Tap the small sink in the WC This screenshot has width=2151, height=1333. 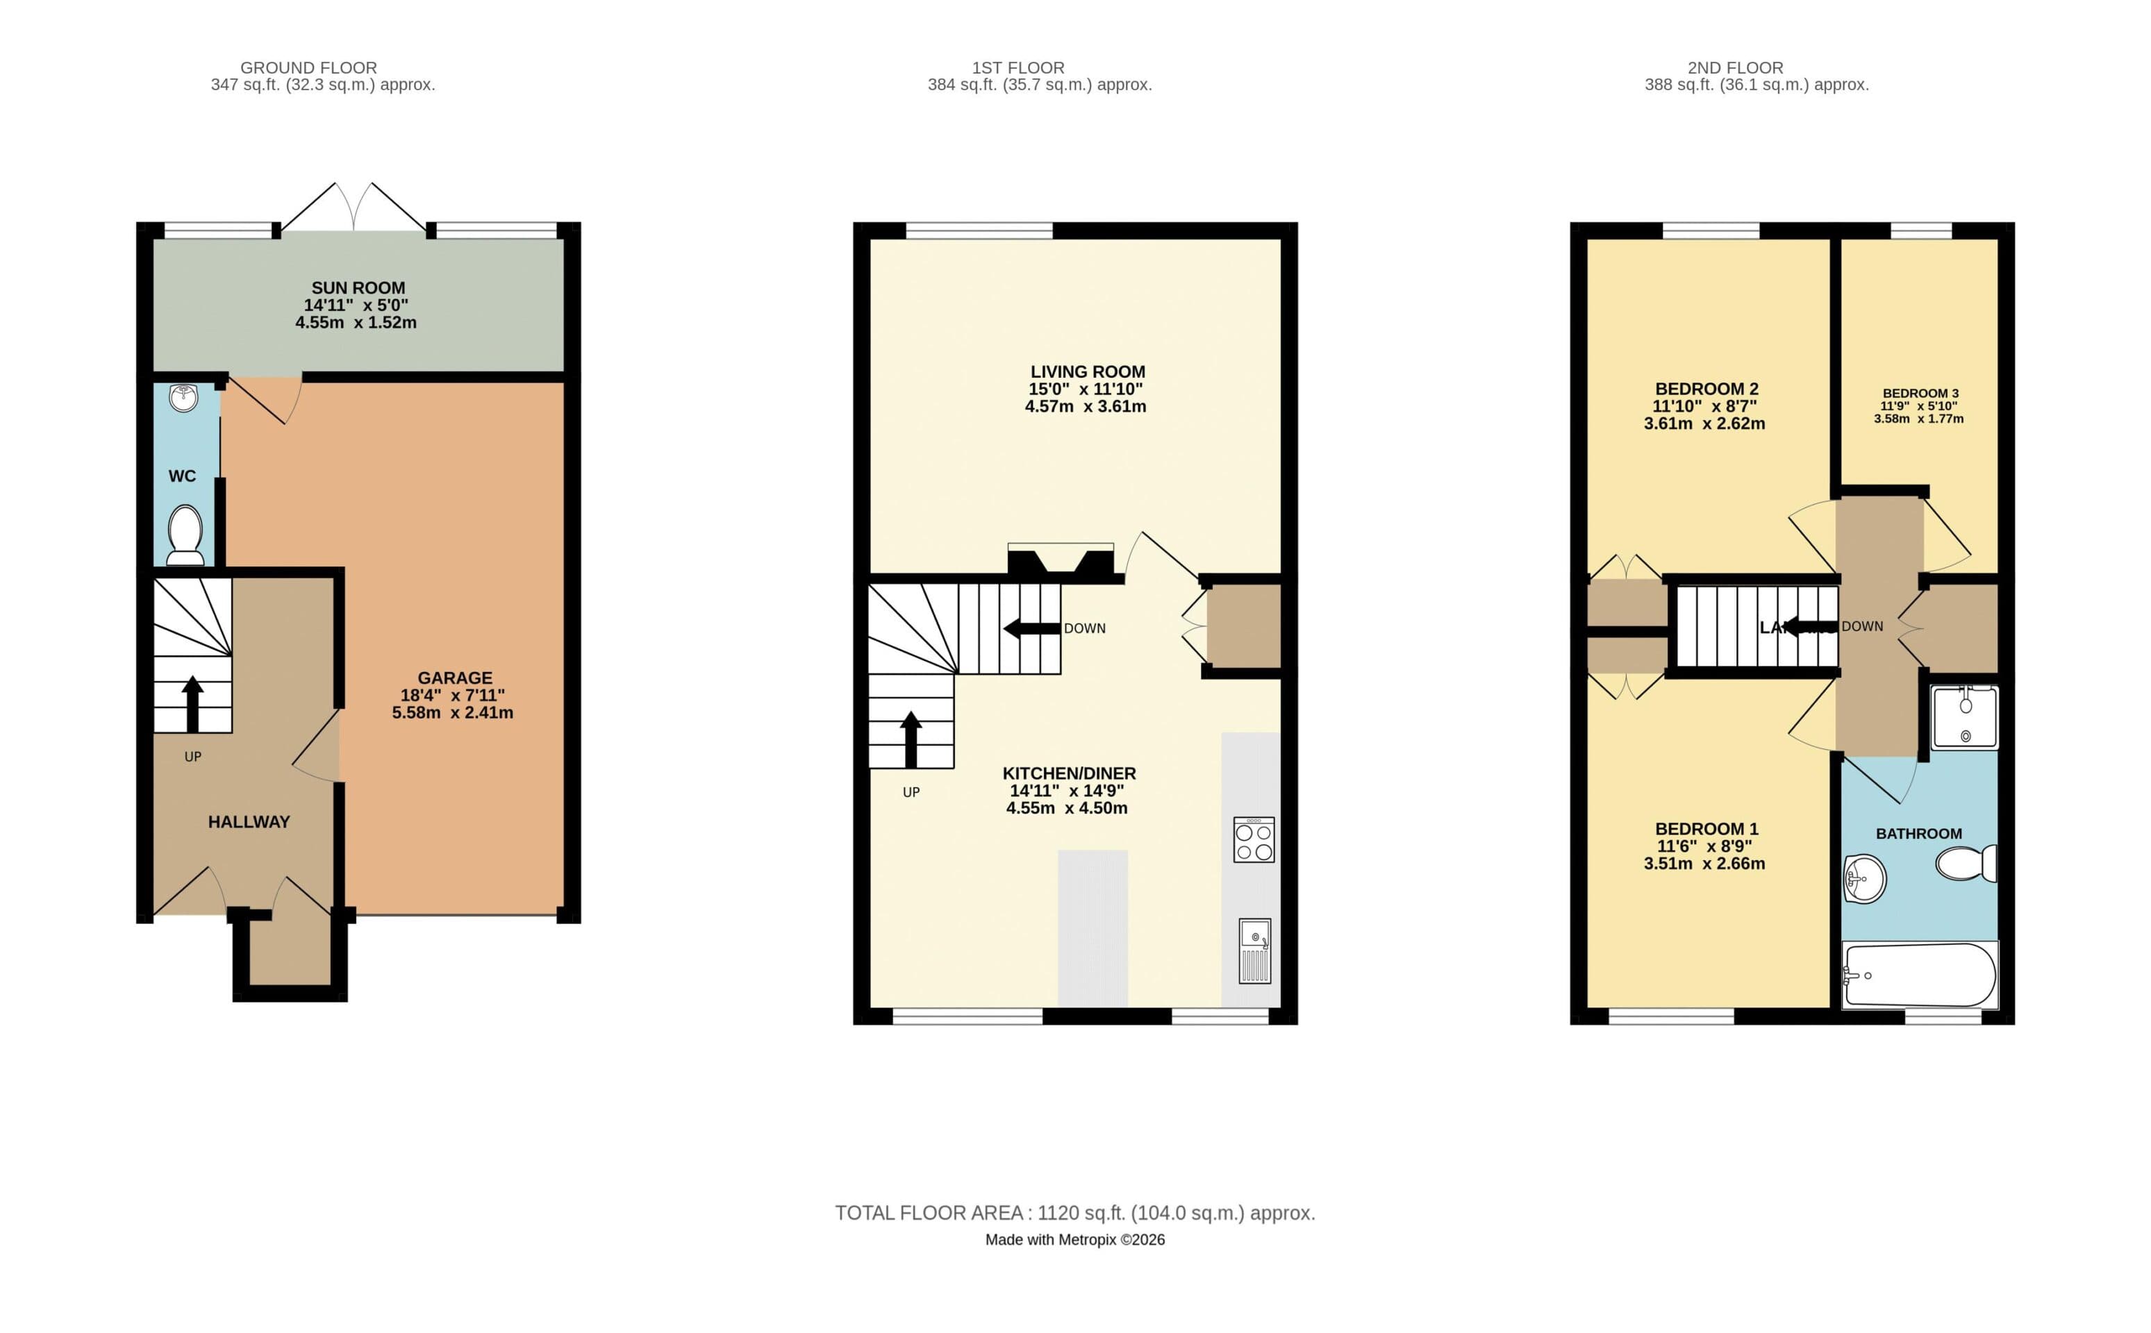[x=183, y=399]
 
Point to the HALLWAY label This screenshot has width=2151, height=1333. [x=249, y=821]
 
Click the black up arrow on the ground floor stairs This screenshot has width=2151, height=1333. [x=192, y=703]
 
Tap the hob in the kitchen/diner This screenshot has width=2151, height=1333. [x=1253, y=839]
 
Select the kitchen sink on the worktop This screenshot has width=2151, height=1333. [x=1254, y=951]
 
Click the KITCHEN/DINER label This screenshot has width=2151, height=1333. [x=1069, y=773]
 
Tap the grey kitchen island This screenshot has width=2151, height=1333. [x=1092, y=928]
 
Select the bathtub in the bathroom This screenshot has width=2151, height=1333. [x=1919, y=975]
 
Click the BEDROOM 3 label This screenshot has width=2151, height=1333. [x=1920, y=393]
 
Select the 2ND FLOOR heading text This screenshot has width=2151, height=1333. [x=1735, y=68]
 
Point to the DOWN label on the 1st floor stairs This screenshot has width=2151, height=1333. [x=1084, y=628]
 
